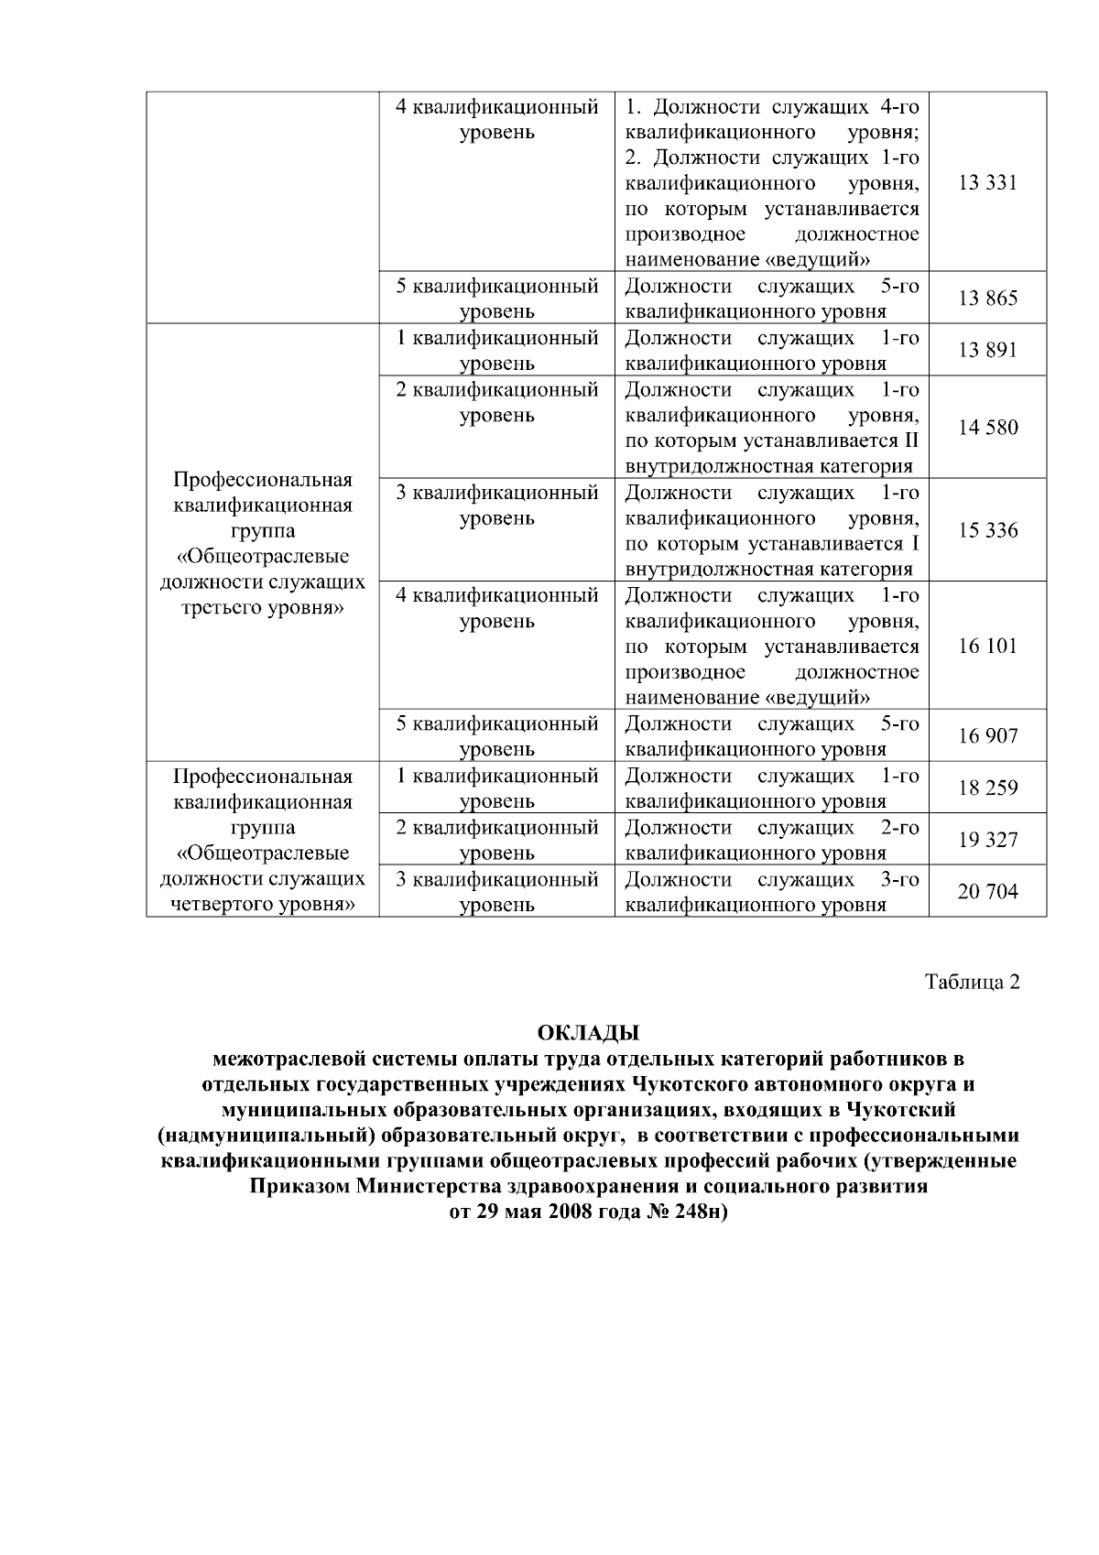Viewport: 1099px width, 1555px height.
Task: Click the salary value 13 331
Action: [987, 183]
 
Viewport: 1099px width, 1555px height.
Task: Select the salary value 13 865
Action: [987, 299]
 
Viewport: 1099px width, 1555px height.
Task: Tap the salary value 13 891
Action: [987, 351]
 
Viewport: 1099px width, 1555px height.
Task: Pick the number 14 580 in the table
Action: [987, 428]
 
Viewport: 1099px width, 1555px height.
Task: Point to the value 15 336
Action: [987, 531]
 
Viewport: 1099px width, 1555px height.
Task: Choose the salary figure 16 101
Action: [987, 647]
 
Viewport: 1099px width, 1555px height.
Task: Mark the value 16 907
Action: [987, 736]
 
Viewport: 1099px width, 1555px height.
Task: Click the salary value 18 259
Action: [987, 788]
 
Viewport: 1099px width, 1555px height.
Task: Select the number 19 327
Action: [987, 841]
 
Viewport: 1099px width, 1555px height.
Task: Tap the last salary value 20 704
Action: [987, 892]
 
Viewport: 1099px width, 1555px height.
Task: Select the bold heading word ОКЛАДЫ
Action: [587, 1034]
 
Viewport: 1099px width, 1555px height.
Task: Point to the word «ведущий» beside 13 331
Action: [817, 260]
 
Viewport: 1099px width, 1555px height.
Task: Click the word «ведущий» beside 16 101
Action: [817, 699]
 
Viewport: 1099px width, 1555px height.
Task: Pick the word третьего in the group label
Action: [222, 609]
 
